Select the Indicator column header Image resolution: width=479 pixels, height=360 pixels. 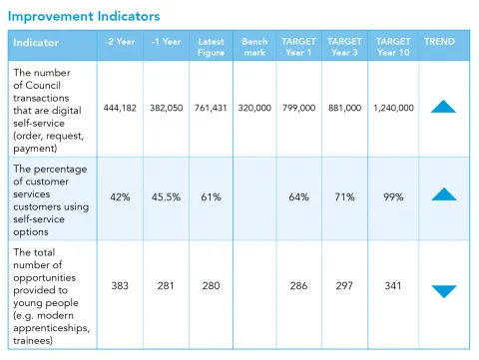click(x=37, y=43)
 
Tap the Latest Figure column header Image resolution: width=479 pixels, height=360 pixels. click(x=211, y=47)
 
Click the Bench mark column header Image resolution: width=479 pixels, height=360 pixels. click(x=254, y=47)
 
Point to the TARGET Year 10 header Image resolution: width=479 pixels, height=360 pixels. click(x=393, y=47)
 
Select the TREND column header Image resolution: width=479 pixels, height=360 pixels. click(x=439, y=42)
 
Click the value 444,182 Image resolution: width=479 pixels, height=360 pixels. click(x=120, y=108)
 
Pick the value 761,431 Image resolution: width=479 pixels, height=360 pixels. click(x=211, y=108)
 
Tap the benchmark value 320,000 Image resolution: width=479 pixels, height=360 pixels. click(x=255, y=108)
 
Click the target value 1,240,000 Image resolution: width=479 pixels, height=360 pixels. click(x=393, y=108)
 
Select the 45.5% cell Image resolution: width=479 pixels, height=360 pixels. click(x=165, y=197)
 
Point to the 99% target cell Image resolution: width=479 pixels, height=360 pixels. click(x=393, y=197)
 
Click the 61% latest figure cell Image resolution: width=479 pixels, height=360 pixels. click(x=211, y=197)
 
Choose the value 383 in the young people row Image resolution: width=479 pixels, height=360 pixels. click(x=120, y=286)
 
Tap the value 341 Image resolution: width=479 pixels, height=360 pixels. click(x=393, y=286)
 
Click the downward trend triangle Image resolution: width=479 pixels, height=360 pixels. click(x=443, y=291)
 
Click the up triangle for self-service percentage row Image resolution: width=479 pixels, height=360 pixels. click(x=443, y=194)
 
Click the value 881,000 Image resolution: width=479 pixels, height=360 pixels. click(x=345, y=108)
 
